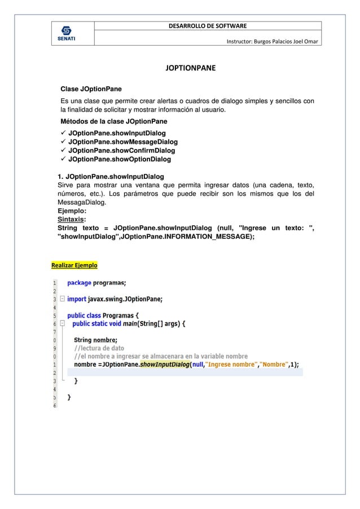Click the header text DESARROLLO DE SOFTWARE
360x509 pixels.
click(207, 25)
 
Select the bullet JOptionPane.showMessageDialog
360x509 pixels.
click(122, 142)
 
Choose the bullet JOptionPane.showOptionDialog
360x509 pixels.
click(120, 160)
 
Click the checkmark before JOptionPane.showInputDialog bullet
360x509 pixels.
click(63, 133)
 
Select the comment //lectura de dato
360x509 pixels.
click(99, 348)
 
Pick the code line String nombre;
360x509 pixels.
click(95, 340)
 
